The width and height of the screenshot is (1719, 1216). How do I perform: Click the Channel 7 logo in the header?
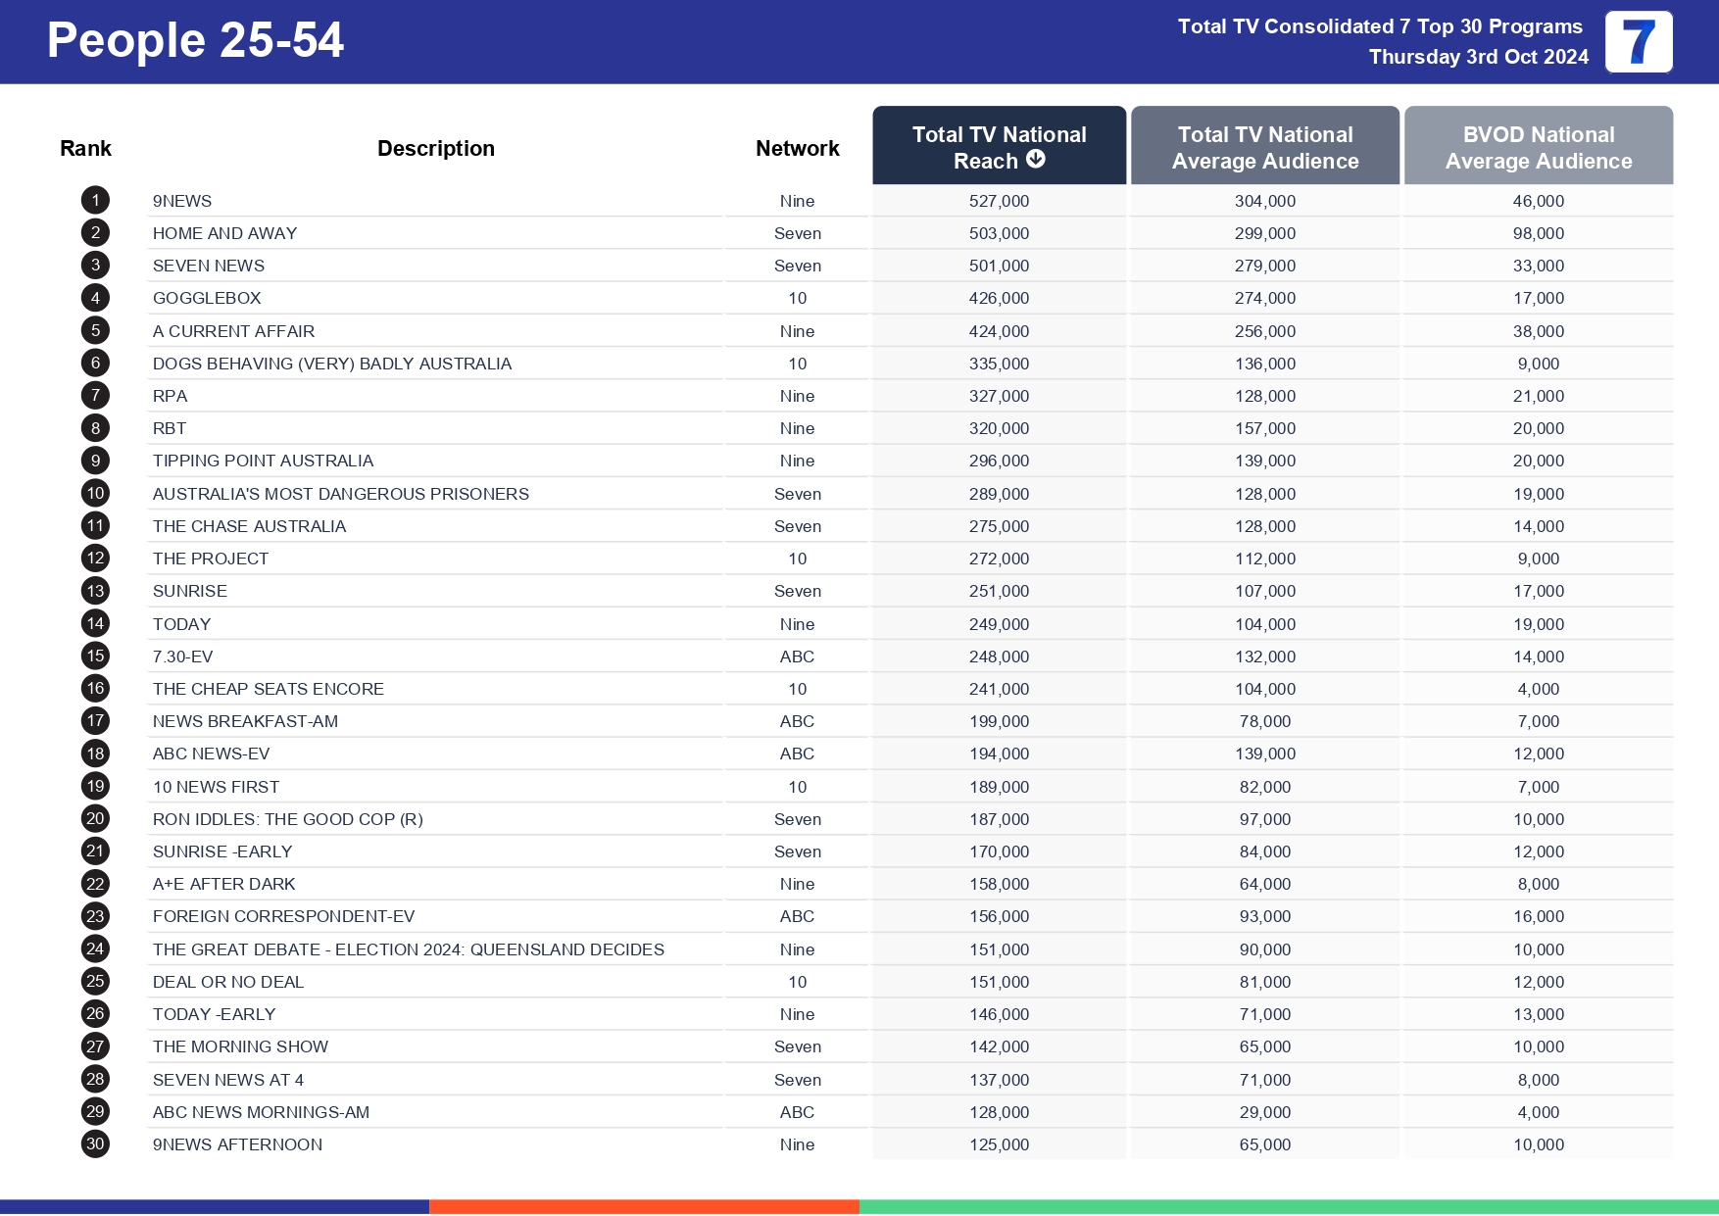pos(1638,42)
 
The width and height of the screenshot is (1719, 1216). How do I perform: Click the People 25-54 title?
pos(195,41)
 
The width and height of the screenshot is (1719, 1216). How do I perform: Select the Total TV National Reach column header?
pos(999,146)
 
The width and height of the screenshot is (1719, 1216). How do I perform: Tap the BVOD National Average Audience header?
pos(1538,147)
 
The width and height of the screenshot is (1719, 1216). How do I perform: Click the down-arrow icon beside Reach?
pos(1036,160)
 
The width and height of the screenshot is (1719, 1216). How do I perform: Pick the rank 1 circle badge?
pos(95,201)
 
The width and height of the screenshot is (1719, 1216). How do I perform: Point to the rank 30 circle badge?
pos(95,1144)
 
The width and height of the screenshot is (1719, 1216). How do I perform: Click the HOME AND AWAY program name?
pos(224,233)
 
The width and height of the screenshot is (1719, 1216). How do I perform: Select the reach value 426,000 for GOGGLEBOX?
pos(999,298)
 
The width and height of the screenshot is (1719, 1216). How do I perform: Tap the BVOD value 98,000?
pos(1538,233)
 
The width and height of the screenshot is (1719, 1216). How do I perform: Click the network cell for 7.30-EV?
pos(797,657)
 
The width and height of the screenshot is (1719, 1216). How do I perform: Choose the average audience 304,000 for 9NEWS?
pos(1264,201)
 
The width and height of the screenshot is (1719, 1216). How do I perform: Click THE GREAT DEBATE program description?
pos(408,949)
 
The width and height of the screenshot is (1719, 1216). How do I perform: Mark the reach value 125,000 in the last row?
pos(999,1144)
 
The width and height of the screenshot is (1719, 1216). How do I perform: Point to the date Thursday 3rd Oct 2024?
pos(1478,57)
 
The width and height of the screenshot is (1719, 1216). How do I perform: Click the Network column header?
pos(797,148)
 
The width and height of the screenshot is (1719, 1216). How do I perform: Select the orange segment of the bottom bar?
pos(644,1206)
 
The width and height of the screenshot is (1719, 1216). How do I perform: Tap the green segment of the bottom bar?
pos(1288,1206)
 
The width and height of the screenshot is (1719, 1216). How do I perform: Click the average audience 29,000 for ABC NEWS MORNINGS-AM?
pos(1264,1112)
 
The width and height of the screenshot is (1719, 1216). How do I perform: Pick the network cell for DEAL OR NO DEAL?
pos(797,982)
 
